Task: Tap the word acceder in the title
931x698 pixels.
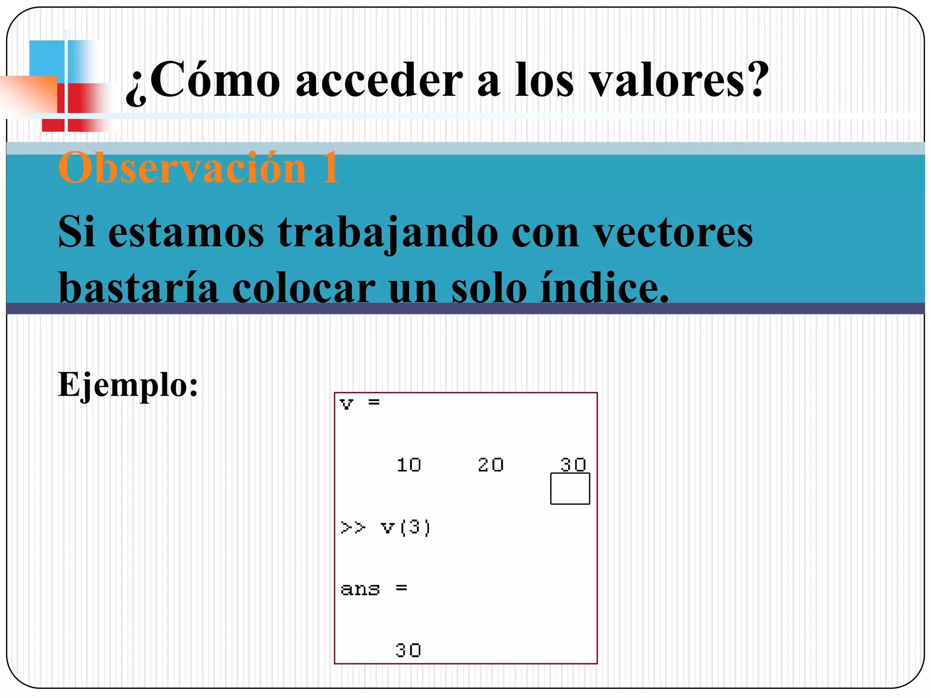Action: coord(379,81)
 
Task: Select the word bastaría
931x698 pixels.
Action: coord(139,288)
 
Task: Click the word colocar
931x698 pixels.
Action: coord(304,288)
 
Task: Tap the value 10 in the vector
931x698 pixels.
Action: coord(409,465)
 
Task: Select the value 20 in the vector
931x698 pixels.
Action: coord(491,465)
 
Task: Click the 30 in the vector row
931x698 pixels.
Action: coord(573,464)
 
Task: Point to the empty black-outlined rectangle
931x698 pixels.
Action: coord(570,489)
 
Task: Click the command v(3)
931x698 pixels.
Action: coord(405,527)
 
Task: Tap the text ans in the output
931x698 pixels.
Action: coord(360,589)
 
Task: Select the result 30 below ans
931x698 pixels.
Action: coord(408,650)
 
